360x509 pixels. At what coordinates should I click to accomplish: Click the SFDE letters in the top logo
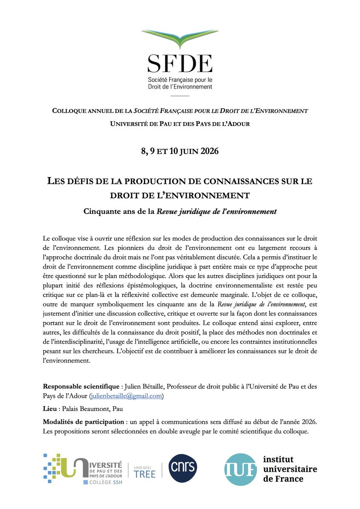pyautogui.click(x=180, y=64)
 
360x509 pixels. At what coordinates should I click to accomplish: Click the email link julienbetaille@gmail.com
pyautogui.click(x=126, y=396)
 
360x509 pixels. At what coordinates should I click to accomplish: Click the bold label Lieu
pyautogui.click(x=50, y=409)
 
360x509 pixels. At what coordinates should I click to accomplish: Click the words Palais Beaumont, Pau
pyautogui.click(x=92, y=409)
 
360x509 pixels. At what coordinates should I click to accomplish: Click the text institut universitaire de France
pyautogui.click(x=290, y=469)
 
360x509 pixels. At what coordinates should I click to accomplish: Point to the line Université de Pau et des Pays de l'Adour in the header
pyautogui.click(x=180, y=124)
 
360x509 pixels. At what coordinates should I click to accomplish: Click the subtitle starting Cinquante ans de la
pyautogui.click(x=180, y=211)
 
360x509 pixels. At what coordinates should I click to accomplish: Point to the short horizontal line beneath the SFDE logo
pyautogui.click(x=180, y=96)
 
